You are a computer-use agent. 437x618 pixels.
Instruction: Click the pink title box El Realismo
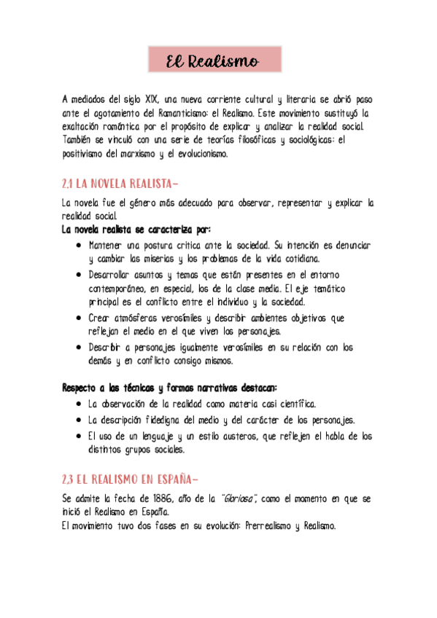214,62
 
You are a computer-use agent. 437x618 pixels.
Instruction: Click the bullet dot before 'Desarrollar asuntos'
78,275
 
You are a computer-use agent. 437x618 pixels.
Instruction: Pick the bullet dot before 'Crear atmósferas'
78,318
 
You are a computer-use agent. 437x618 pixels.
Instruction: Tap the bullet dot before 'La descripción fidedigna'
78,421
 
